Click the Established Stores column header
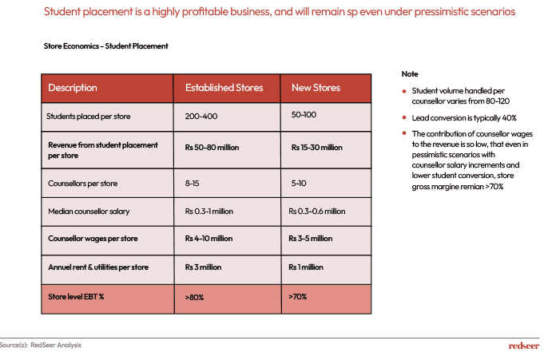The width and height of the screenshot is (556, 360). point(224,88)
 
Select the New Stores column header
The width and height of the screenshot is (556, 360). point(316,88)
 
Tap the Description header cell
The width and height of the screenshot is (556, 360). point(73,88)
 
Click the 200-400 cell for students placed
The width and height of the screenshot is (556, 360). point(201,117)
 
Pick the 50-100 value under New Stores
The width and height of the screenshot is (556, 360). point(304,114)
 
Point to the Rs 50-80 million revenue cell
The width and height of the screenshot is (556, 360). point(212,148)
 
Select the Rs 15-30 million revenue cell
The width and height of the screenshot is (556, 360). point(316,148)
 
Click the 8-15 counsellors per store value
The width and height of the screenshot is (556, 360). point(192,183)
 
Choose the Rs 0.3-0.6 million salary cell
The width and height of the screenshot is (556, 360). point(316,212)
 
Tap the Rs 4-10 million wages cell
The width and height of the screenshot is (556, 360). point(208,239)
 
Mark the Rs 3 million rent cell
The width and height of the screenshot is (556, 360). point(203,267)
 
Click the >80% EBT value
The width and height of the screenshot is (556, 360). point(194,297)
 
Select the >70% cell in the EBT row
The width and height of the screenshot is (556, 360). point(297,297)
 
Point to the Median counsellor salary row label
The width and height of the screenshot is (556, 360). point(89,212)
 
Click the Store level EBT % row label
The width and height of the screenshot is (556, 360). point(76,297)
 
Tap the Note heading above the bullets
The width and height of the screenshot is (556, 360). point(410,74)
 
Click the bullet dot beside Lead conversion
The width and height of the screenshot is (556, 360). point(404,117)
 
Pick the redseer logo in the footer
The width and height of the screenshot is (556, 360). point(524,346)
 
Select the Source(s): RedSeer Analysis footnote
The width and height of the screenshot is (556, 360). point(41,345)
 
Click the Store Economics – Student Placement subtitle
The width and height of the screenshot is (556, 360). point(105,46)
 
